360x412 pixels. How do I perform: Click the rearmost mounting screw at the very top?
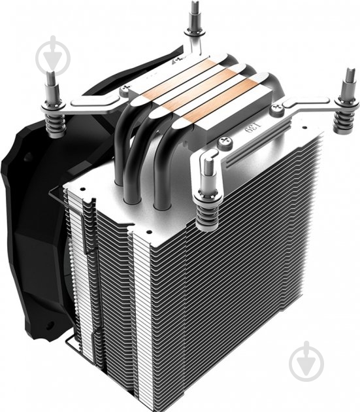(194, 20)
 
